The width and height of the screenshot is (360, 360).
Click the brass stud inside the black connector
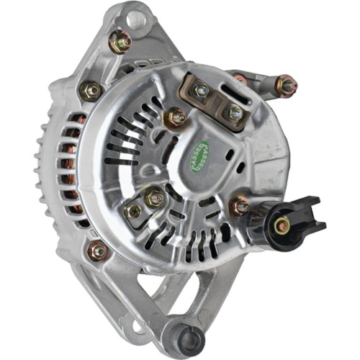tap(282, 225)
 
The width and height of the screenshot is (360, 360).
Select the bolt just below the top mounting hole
tap(120, 42)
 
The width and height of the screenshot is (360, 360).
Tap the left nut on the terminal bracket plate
tap(202, 90)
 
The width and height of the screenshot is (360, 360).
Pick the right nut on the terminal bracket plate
tap(235, 112)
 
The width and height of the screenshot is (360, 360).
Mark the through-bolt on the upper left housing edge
tap(90, 90)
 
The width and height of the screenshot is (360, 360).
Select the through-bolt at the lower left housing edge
tap(97, 251)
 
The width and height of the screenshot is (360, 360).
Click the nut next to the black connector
tap(240, 208)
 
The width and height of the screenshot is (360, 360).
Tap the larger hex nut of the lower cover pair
tap(154, 197)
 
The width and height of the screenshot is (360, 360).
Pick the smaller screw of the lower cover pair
tap(134, 211)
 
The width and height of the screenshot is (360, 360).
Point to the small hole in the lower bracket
tap(135, 328)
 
